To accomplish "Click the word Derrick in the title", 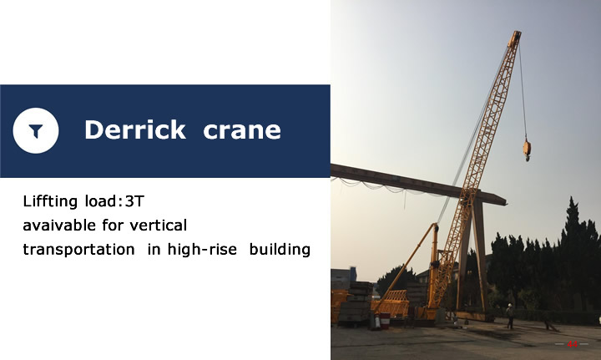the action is tap(135, 129).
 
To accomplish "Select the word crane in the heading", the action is tap(242, 130).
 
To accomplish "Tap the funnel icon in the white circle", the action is tap(36, 131).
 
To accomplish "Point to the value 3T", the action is tap(134, 201).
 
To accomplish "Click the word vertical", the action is tap(159, 225).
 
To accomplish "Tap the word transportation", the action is tap(78, 250).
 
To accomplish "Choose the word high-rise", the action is tap(202, 250).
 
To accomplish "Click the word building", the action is tap(280, 250).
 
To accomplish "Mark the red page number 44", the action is tap(573, 344).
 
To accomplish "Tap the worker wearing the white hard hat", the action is tap(510, 316).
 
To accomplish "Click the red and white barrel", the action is tap(385, 321).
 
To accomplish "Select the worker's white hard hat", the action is tap(510, 305).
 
